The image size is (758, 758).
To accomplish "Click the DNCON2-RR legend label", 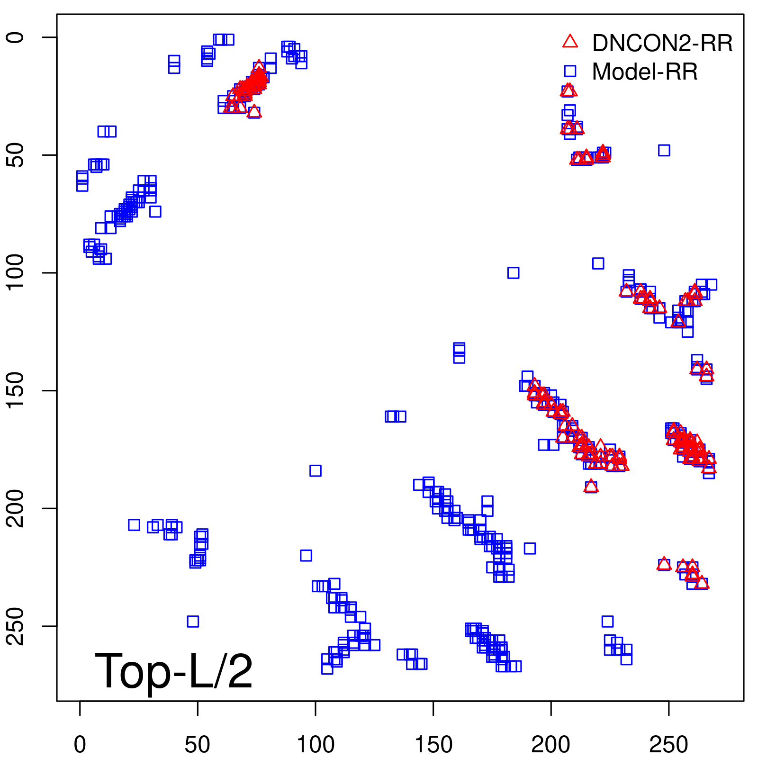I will click(x=662, y=44).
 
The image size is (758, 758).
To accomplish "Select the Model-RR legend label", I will click(x=645, y=72).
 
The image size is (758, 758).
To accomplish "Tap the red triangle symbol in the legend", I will click(x=570, y=41).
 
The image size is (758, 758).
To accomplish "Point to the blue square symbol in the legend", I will click(x=570, y=71).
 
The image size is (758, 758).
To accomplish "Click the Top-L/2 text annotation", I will click(x=174, y=671).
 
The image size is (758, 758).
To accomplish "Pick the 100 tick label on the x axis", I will click(x=316, y=745).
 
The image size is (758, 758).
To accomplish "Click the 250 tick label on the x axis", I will click(x=668, y=745).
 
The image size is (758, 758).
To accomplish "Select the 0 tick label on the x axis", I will click(x=80, y=745).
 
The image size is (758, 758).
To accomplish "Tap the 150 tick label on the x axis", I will click(x=433, y=745).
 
